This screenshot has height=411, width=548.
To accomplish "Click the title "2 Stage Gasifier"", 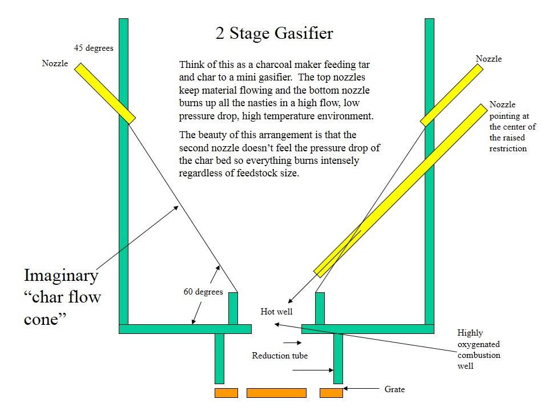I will click(x=274, y=34).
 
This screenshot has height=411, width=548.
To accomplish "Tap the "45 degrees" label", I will click(x=94, y=49).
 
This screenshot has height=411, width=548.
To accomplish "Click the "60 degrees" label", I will click(x=203, y=292).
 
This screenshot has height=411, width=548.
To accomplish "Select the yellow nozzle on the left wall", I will click(x=105, y=92).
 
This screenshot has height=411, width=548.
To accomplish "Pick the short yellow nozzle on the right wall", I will click(x=452, y=95).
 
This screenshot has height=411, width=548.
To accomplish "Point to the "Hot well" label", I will click(x=276, y=312).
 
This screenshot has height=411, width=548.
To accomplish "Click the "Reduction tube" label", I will click(x=280, y=356).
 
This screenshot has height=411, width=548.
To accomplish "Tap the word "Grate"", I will click(x=394, y=389).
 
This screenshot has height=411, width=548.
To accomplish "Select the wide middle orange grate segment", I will click(x=276, y=393).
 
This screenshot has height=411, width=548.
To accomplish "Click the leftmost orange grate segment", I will click(x=226, y=393).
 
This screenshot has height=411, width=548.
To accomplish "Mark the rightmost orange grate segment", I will click(x=331, y=393).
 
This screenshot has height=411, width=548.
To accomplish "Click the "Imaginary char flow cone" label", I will click(x=62, y=297).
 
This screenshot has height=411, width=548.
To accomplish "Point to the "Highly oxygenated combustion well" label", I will click(x=478, y=349).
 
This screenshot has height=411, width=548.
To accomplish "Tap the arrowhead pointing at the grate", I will click(x=346, y=389).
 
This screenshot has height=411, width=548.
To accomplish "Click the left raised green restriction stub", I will click(x=233, y=308).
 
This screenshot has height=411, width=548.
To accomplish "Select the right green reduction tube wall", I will click(x=338, y=358).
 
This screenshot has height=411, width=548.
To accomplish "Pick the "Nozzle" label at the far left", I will click(x=55, y=63).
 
